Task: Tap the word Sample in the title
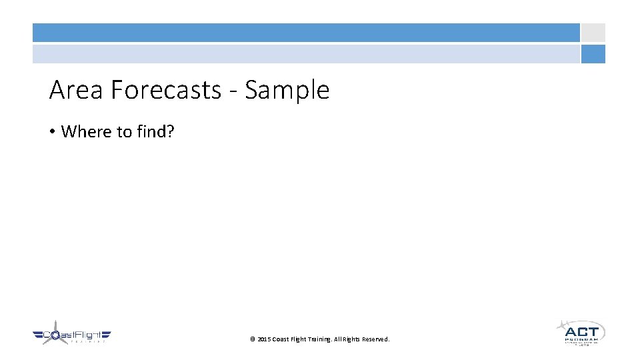287,90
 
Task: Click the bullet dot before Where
52,132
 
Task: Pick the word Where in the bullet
87,131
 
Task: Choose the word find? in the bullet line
155,131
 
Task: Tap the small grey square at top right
593,33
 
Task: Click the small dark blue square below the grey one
593,54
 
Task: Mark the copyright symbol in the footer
253,339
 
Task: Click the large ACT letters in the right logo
581,331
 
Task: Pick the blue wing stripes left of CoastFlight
38,335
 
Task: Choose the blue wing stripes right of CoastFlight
105,335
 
